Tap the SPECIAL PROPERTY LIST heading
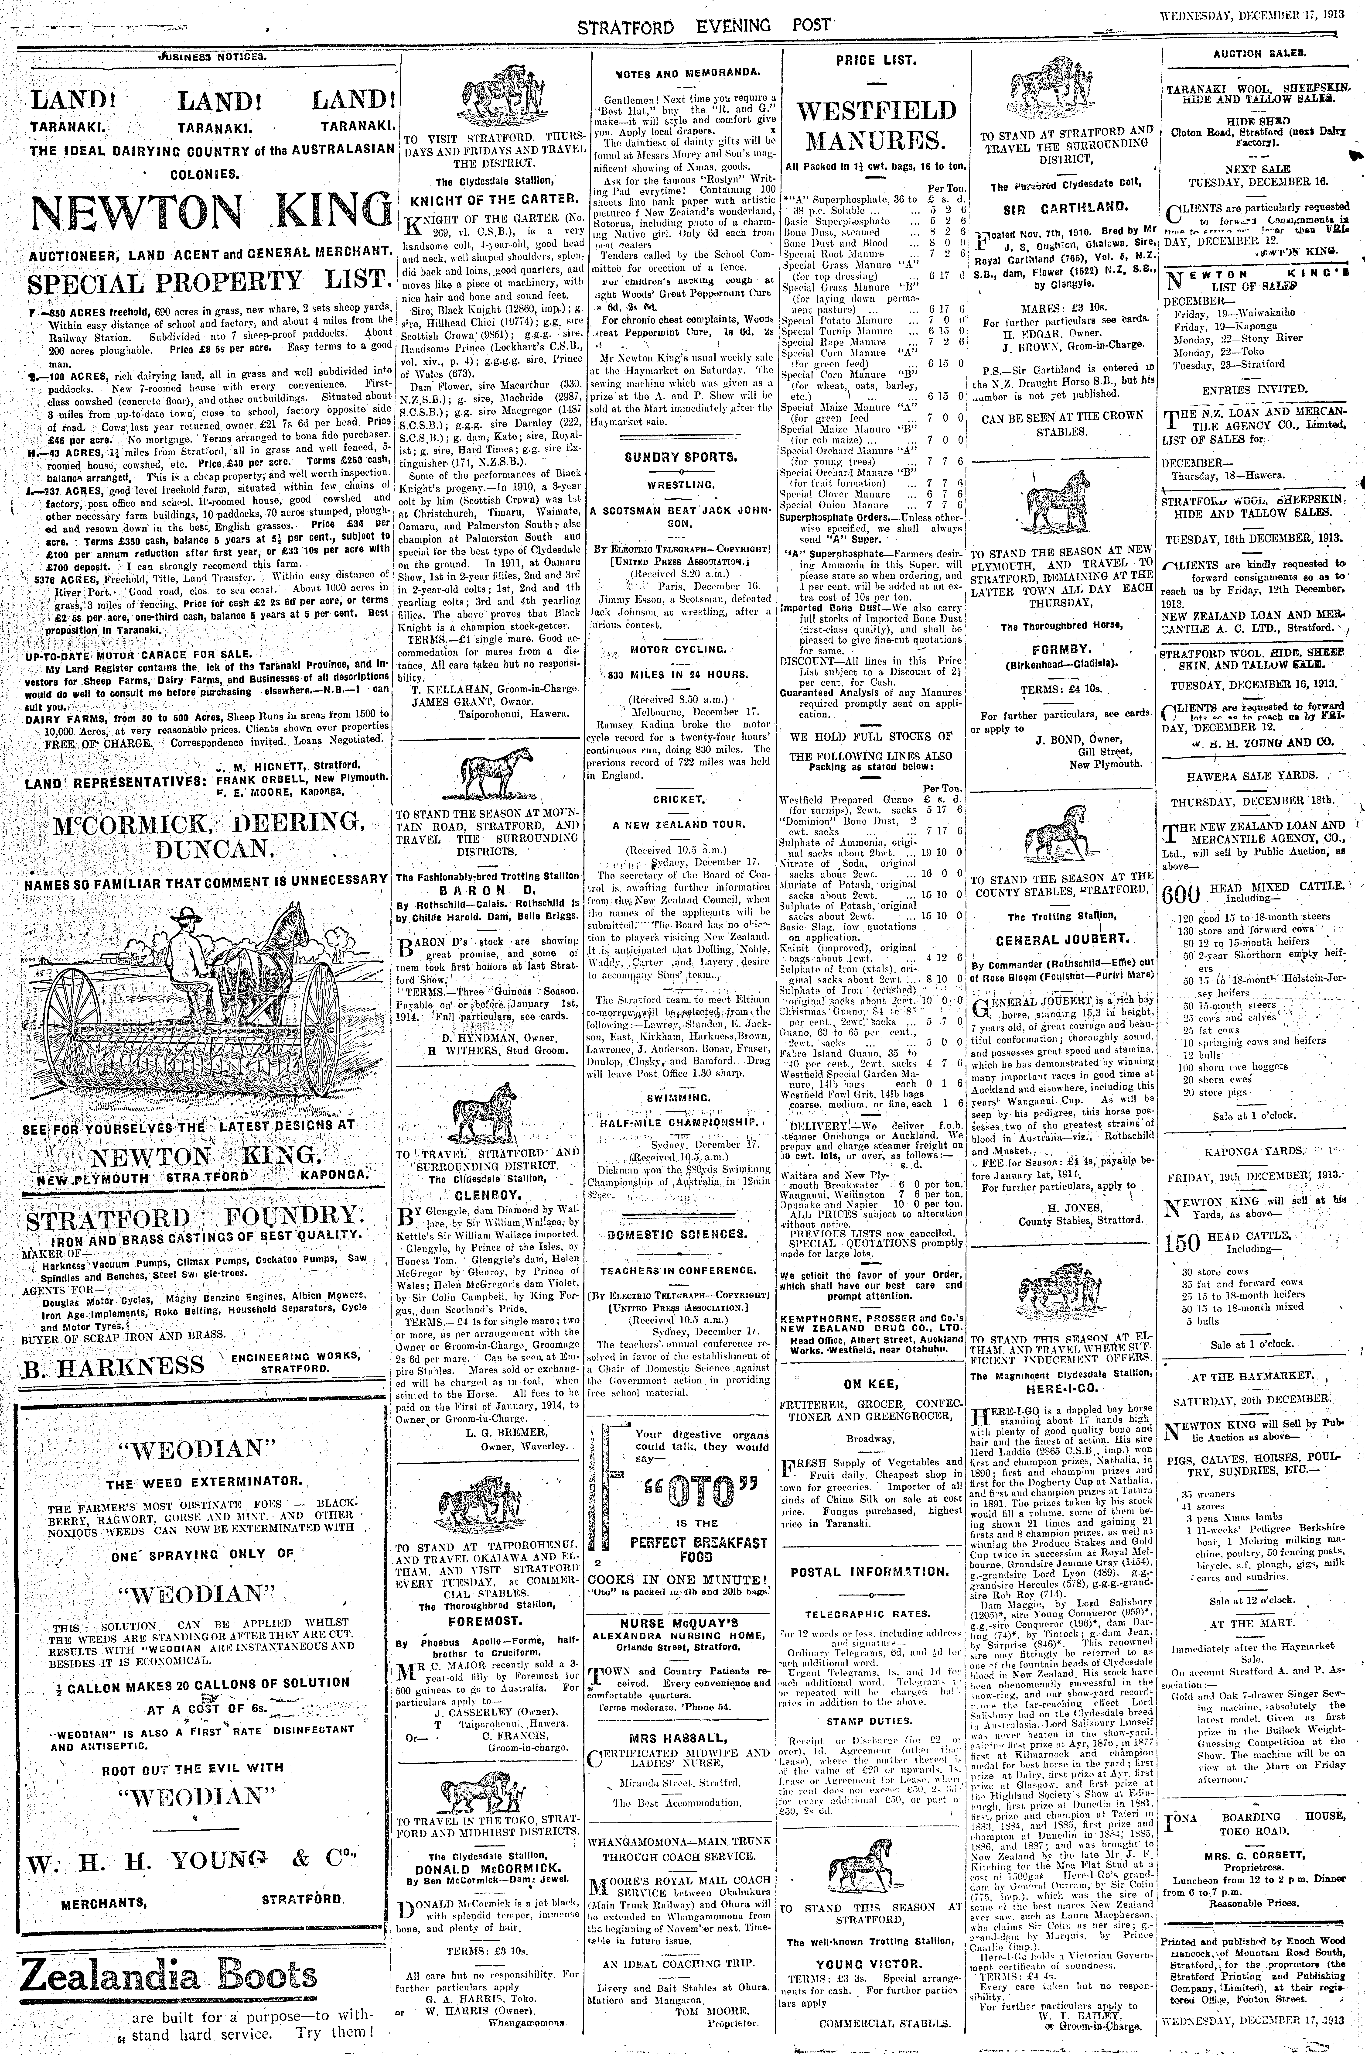[x=206, y=284]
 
